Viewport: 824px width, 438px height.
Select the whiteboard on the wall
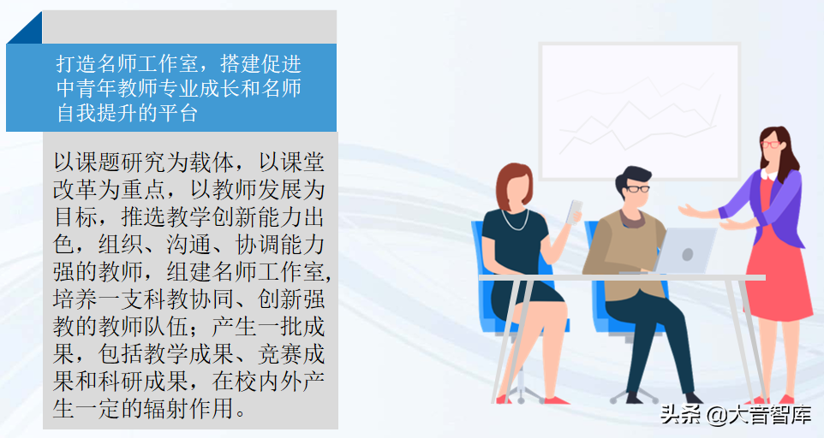tap(627, 110)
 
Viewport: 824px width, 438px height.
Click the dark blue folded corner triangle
tap(23, 28)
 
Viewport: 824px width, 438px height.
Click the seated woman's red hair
tap(512, 177)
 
